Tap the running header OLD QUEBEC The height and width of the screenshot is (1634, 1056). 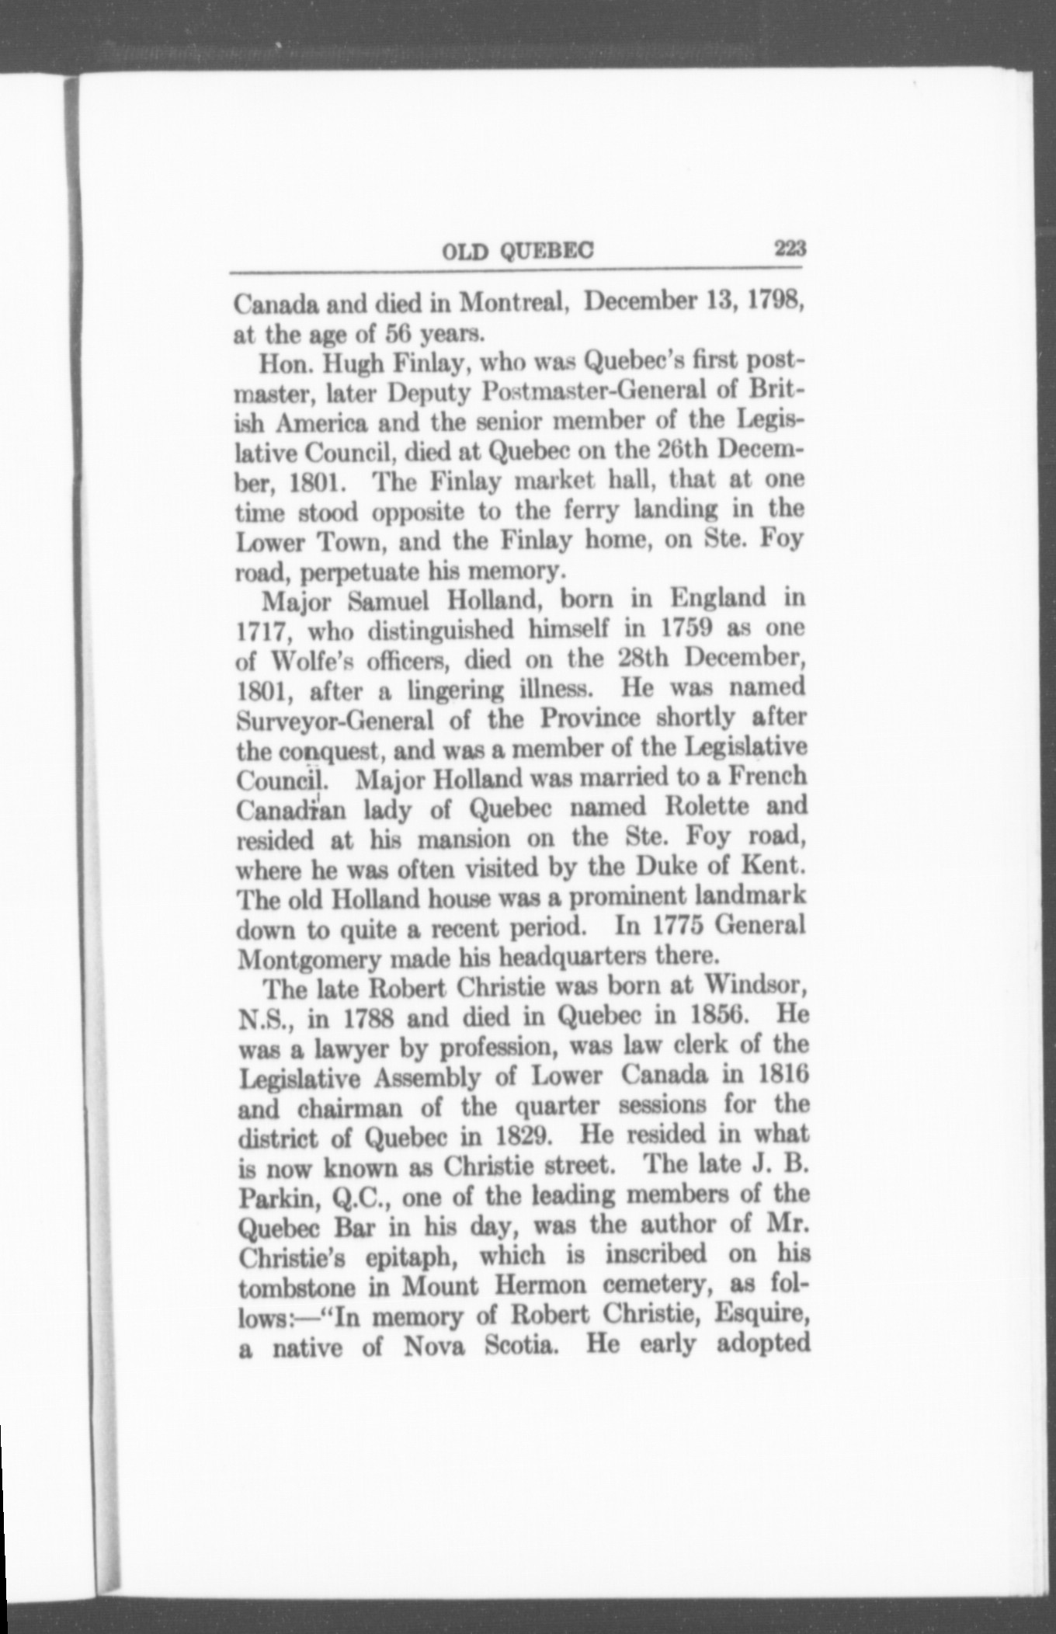pyautogui.click(x=517, y=250)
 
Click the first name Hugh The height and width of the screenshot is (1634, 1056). pyautogui.click(x=354, y=361)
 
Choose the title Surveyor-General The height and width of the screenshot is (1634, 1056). pyautogui.click(x=335, y=720)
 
